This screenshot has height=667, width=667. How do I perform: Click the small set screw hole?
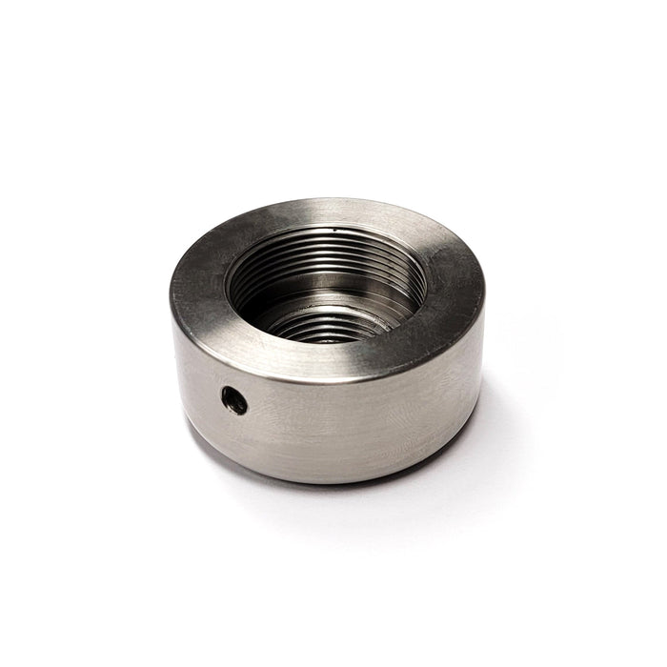[x=233, y=401]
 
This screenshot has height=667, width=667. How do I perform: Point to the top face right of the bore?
[x=453, y=286]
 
